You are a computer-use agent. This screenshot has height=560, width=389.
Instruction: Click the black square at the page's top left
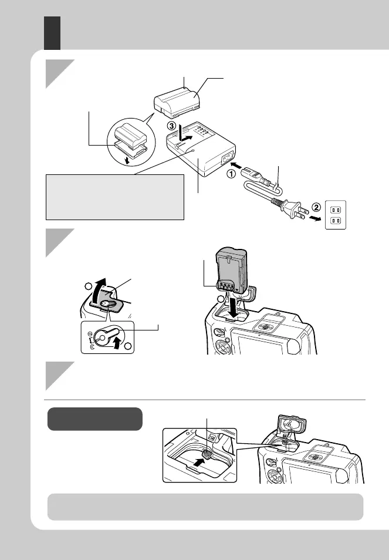coord(53,32)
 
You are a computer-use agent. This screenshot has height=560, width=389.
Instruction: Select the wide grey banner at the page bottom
coord(205,507)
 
